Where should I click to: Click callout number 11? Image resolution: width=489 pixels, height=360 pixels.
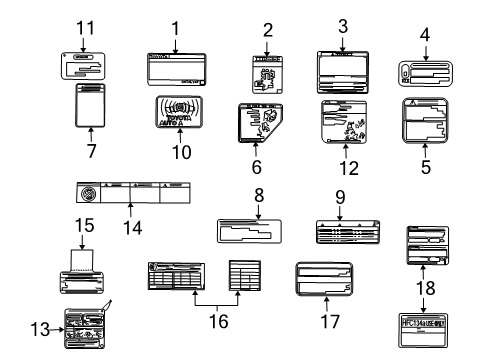pos(86,25)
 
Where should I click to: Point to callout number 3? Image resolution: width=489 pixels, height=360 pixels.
pos(343,23)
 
